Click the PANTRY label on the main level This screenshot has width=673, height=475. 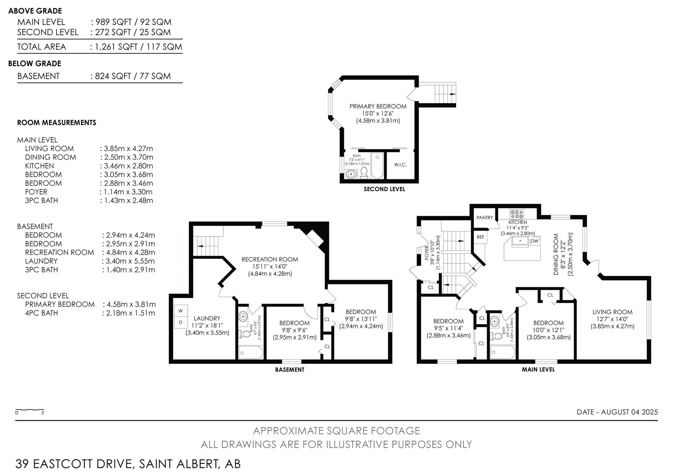[x=485, y=218]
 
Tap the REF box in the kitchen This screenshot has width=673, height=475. [x=481, y=237]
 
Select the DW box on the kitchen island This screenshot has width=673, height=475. [x=535, y=241]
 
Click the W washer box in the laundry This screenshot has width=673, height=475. [x=181, y=311]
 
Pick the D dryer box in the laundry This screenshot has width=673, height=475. [x=181, y=322]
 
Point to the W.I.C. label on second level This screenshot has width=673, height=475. [x=400, y=165]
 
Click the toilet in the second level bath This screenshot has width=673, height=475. [x=364, y=173]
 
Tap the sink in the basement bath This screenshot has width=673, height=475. [x=243, y=317]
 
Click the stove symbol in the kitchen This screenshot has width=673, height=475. [x=517, y=214]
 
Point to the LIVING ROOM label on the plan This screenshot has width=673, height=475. [x=612, y=312]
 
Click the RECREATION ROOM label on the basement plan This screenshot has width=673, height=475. [x=270, y=260]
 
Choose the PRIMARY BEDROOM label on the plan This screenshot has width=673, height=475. [x=378, y=106]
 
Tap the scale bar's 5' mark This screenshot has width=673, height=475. [x=43, y=413]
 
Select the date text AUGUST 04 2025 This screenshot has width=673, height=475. [x=630, y=412]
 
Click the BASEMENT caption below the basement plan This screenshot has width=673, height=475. [x=290, y=370]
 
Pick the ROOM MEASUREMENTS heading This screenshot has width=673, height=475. [x=56, y=123]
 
